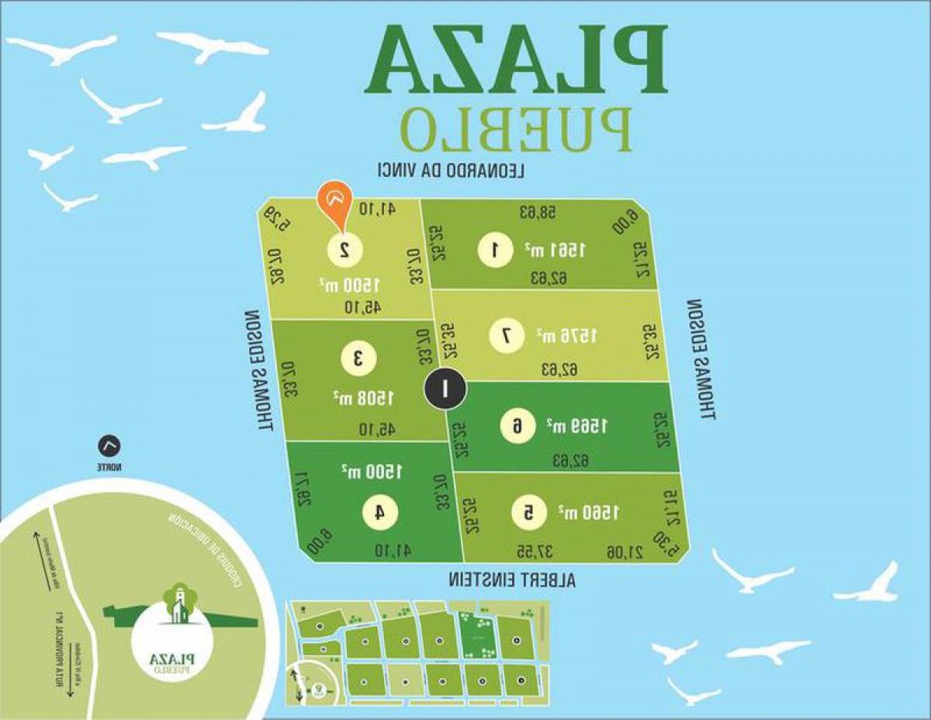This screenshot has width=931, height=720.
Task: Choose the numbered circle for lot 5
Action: tap(528, 512)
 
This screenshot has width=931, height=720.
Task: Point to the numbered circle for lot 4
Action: tap(380, 512)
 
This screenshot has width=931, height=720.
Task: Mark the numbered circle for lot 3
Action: tap(359, 358)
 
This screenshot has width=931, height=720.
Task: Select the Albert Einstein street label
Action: tap(512, 580)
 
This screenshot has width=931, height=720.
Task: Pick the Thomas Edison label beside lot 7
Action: tap(699, 358)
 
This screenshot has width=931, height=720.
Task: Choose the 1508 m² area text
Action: tap(365, 397)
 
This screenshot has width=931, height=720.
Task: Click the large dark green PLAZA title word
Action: tap(516, 58)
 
